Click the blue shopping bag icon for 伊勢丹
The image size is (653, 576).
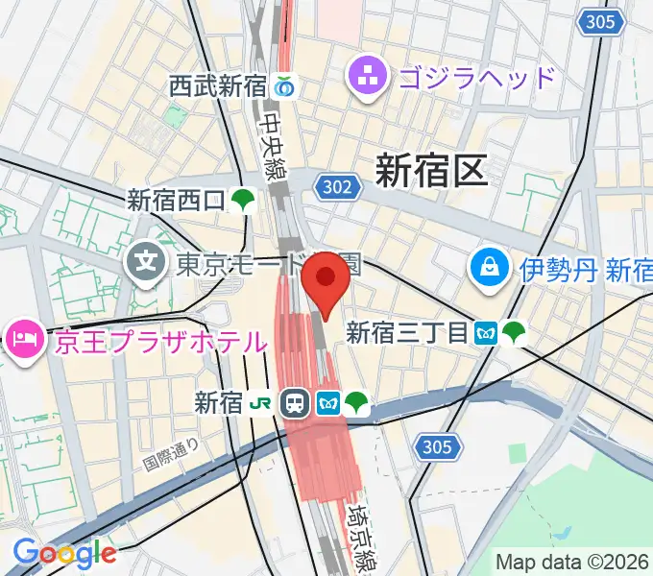(490, 268)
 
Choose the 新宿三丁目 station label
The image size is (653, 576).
(406, 333)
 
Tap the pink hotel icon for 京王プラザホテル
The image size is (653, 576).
(23, 339)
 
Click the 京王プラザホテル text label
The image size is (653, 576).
(159, 341)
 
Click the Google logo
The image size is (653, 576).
(64, 552)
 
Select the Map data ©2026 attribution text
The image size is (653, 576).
(572, 561)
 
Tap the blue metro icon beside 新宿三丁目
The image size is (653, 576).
(487, 333)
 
